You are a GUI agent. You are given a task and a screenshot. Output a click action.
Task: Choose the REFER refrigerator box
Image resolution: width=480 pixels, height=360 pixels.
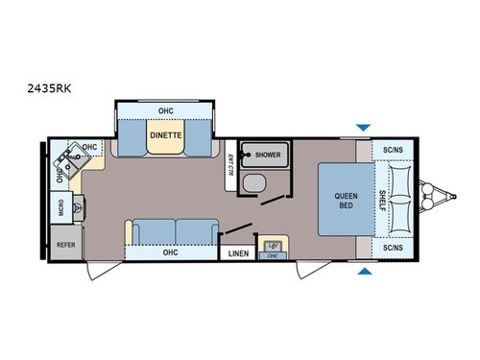(65, 245)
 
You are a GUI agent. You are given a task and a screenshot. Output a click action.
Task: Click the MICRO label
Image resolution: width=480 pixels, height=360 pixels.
(60, 209)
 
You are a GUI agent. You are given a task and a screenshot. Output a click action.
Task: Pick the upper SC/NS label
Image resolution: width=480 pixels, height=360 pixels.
(392, 151)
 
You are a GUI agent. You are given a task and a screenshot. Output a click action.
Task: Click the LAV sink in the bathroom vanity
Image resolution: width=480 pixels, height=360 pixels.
(272, 246)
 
